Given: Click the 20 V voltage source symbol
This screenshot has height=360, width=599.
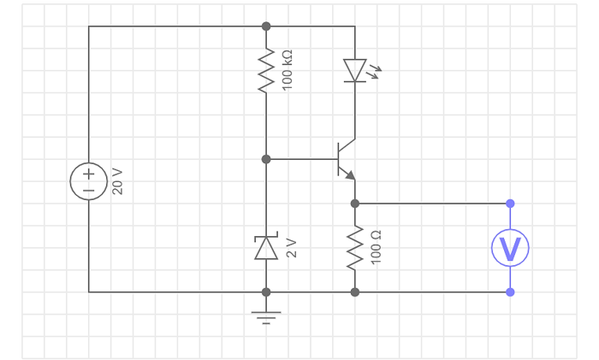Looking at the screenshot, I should (88, 181).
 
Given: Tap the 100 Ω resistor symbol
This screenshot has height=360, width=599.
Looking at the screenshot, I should (355, 248).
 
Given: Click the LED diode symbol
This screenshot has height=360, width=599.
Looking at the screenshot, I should (355, 70).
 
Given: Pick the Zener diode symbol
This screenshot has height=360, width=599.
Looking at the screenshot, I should (266, 248).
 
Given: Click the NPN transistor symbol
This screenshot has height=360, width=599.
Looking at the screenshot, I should (347, 159).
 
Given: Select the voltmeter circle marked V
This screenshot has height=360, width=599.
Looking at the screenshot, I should (510, 248).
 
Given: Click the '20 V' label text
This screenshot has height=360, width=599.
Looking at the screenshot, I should (118, 181).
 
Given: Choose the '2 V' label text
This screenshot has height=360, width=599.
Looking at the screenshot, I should (291, 248).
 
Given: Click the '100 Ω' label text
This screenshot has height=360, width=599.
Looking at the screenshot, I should (376, 247).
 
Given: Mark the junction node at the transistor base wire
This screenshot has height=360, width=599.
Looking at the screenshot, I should (266, 159).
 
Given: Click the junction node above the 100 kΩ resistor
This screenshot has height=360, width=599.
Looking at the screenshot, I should (266, 27).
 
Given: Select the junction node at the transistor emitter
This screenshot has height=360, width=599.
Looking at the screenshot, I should (355, 204).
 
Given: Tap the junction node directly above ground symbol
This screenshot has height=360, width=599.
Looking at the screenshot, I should (266, 292).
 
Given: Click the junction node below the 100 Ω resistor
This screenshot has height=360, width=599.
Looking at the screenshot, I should (355, 292).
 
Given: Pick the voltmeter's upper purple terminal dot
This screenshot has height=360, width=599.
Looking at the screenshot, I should (510, 204).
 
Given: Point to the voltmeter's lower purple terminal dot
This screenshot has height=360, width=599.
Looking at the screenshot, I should (510, 292).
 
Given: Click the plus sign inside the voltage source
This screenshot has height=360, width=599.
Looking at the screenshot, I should (88, 173).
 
